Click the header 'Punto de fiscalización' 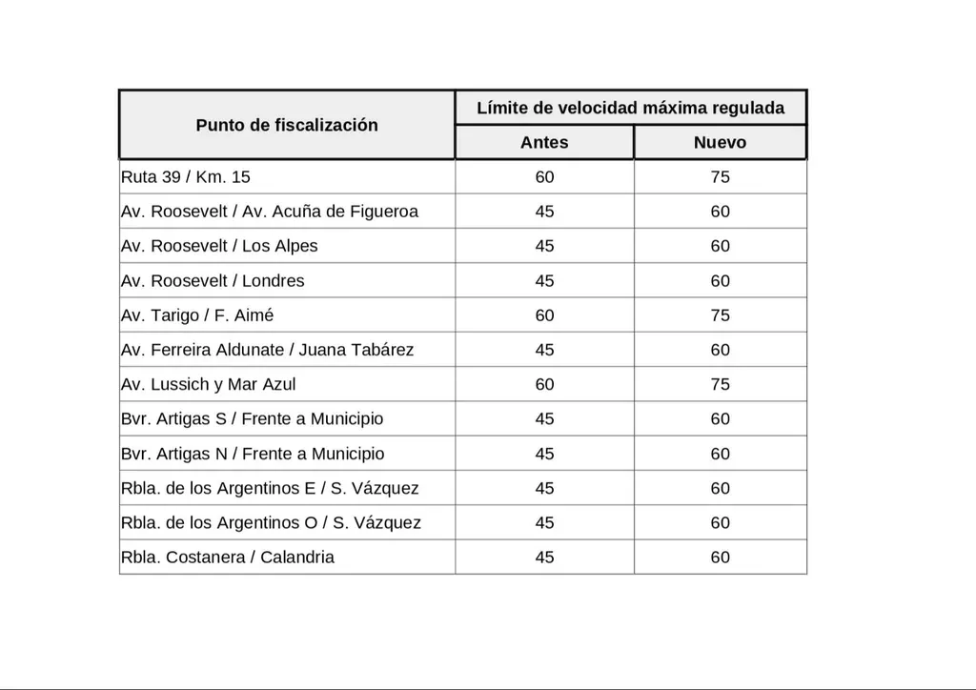(287, 125)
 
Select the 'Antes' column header (544, 142)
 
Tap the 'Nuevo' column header (720, 142)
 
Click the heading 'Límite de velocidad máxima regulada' (630, 108)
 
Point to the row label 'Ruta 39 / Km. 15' (186, 177)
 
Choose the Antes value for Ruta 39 (544, 177)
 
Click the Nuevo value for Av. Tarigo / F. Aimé (720, 315)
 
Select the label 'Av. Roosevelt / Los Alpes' (219, 246)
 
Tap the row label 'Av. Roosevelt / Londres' (213, 281)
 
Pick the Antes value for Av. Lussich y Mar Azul (544, 384)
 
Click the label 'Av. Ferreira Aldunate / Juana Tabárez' (267, 350)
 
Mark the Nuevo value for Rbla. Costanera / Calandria (720, 557)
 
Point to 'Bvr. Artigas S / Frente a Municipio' (252, 419)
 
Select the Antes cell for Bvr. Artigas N (544, 454)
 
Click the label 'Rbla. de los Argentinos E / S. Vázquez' (270, 488)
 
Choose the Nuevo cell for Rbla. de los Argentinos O (720, 522)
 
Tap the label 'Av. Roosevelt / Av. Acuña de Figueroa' (270, 212)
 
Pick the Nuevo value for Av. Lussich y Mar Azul (720, 384)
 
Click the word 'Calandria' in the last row (297, 557)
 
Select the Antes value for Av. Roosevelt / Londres (544, 281)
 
